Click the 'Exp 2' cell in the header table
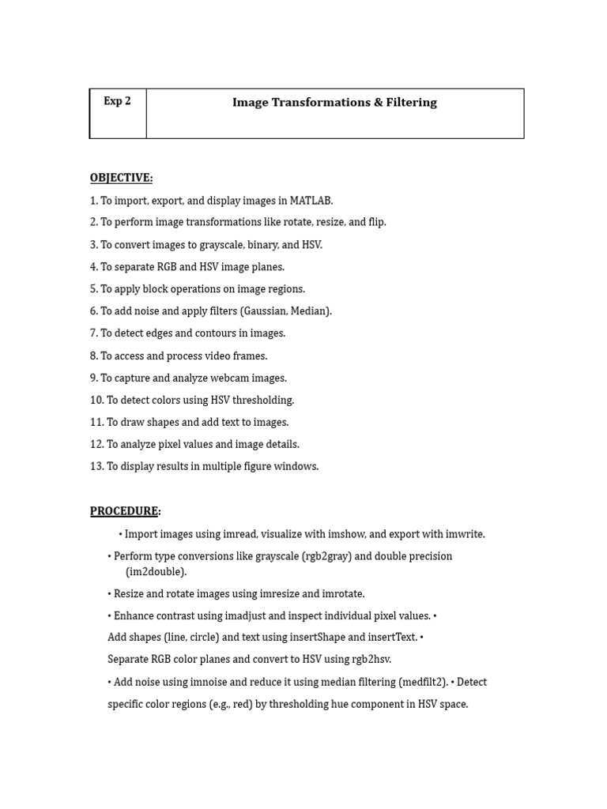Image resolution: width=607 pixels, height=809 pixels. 117,102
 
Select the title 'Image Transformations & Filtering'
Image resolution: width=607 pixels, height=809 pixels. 334,103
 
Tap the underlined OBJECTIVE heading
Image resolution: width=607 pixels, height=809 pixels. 121,178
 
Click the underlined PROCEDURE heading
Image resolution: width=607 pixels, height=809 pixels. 124,511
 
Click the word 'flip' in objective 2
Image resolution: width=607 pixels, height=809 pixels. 375,223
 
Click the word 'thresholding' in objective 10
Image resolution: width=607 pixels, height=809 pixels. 264,401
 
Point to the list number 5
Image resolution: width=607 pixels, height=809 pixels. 93,289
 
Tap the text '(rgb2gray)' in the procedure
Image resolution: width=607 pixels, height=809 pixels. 326,557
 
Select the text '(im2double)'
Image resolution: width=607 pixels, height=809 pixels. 156,572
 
